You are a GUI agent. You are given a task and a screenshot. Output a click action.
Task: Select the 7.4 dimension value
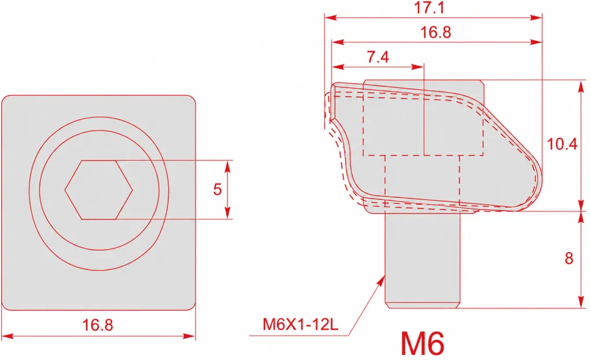coord(377,57)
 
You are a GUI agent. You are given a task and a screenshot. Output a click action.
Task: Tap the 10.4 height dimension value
coord(562,144)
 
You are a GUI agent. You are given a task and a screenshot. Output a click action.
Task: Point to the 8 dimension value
coord(568,258)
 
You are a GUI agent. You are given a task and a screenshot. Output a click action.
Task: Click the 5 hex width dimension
coord(217,189)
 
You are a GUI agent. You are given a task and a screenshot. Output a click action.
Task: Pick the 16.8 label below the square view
coord(97,325)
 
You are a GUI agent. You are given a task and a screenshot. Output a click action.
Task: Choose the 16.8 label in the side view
coord(436,32)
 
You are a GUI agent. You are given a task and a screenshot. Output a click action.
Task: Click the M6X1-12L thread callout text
coord(300,324)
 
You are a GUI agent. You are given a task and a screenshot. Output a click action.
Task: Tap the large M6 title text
coord(422,343)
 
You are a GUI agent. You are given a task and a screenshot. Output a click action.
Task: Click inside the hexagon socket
coord(99,190)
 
